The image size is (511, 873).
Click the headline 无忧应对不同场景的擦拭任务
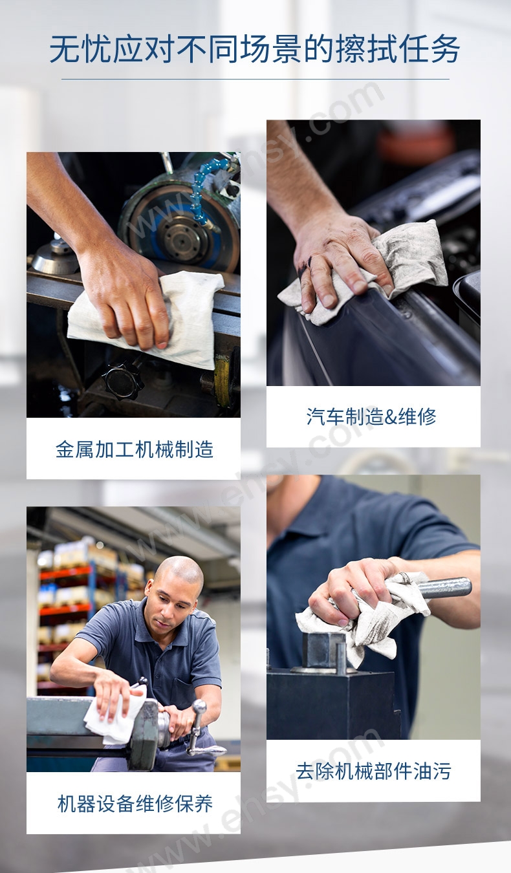point(255,49)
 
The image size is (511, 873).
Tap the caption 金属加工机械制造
point(134,449)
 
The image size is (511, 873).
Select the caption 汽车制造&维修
point(371,416)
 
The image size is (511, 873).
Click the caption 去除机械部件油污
point(373,770)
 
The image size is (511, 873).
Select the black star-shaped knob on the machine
point(122,381)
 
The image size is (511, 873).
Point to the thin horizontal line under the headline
point(255,79)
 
